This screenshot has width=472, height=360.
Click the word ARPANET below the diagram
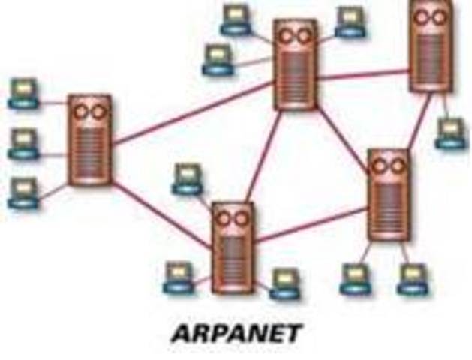[236, 331]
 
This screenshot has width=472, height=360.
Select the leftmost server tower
[89, 139]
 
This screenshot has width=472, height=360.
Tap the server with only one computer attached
[432, 46]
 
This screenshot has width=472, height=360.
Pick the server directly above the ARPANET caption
[233, 248]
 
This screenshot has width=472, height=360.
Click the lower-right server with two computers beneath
[389, 194]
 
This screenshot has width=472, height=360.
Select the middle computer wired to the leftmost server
[23, 143]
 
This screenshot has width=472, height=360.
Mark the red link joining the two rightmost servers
[420, 120]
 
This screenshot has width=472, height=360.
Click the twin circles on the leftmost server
[89, 112]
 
